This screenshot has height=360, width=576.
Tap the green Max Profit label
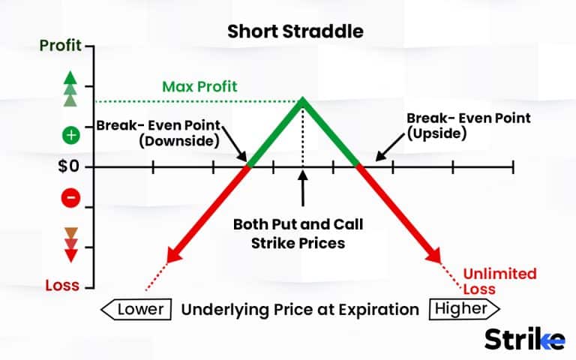click(200, 86)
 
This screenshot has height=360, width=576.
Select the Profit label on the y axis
click(61, 46)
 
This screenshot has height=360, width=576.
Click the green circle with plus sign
click(71, 136)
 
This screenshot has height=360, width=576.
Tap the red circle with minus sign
click(71, 198)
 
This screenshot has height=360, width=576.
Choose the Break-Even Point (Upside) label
click(467, 125)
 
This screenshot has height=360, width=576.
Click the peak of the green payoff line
click(303, 98)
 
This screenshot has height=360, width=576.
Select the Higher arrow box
click(463, 308)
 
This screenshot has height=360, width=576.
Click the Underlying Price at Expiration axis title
click(300, 308)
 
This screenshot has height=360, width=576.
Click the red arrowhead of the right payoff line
click(433, 256)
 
